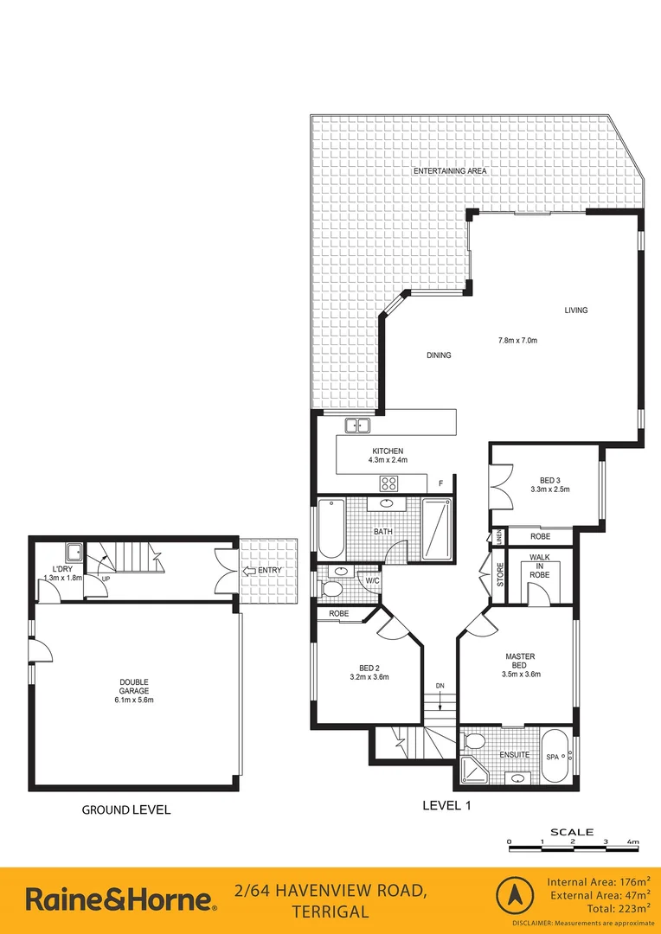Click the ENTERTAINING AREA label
[x=449, y=171]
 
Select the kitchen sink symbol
[x=357, y=425]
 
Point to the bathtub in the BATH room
[x=330, y=528]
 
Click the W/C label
[x=374, y=580]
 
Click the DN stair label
[x=440, y=686]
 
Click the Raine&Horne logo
[x=121, y=899]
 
